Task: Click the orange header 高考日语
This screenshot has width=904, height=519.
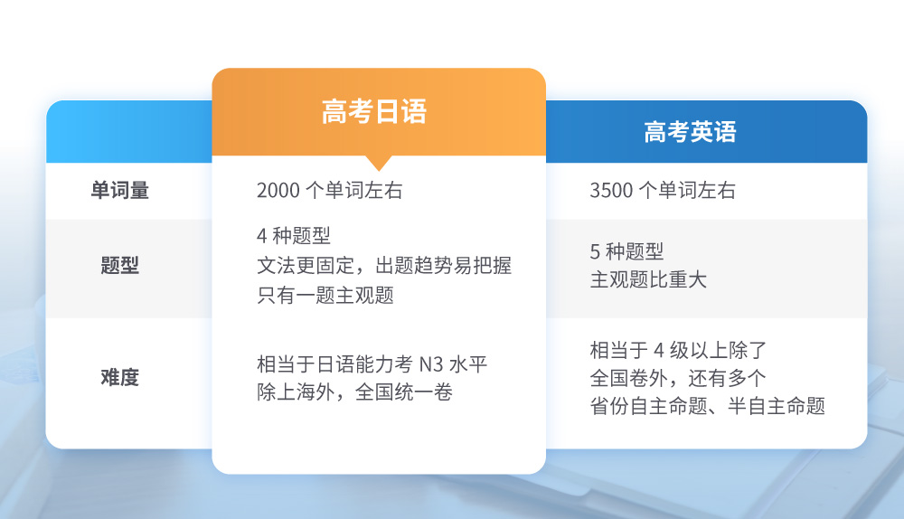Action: [373, 112]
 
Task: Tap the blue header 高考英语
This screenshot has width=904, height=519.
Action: [690, 132]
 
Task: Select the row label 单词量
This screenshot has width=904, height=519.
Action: [120, 190]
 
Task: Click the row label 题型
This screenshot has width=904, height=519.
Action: [120, 265]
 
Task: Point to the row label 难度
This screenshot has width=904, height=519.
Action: [120, 378]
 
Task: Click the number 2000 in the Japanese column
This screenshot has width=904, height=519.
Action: [278, 190]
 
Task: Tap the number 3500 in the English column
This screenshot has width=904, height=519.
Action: [611, 190]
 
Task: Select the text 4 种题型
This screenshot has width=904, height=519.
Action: [294, 236]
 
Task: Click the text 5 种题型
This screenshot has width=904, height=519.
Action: [626, 251]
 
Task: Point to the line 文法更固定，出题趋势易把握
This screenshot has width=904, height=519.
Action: [384, 266]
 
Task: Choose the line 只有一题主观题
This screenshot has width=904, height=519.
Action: [325, 296]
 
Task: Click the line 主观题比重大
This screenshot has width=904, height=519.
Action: [648, 279]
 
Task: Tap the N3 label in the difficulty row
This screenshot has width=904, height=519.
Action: [430, 364]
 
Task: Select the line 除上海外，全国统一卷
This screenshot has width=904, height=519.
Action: [354, 392]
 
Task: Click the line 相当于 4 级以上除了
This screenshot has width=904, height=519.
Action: [678, 350]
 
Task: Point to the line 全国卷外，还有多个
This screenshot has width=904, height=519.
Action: [678, 378]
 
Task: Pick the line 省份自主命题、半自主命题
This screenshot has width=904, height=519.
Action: [708, 406]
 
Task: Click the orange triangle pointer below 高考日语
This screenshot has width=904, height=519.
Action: [379, 163]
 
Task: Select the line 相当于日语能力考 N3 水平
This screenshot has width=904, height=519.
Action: [372, 364]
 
